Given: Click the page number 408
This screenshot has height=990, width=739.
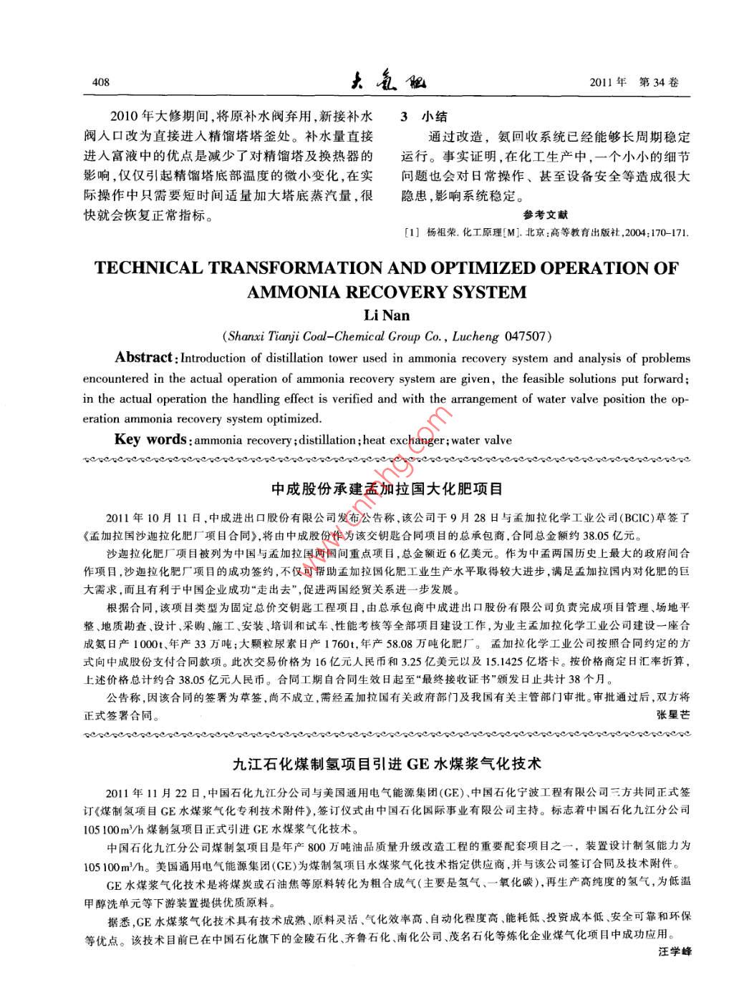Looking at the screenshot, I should pos(101,82).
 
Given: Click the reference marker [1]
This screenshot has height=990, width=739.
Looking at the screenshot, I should pos(412,232).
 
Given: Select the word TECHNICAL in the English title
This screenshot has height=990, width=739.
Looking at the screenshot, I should pos(148,269).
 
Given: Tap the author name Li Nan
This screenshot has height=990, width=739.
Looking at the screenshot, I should pos(387,315).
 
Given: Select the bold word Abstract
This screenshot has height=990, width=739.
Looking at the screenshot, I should pos(144,358).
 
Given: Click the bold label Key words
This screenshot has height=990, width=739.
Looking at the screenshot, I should pos(150,440).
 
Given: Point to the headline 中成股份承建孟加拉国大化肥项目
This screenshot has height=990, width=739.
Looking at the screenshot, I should pos(387,489).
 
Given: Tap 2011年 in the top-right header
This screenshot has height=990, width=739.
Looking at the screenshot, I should pos(607,82).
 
